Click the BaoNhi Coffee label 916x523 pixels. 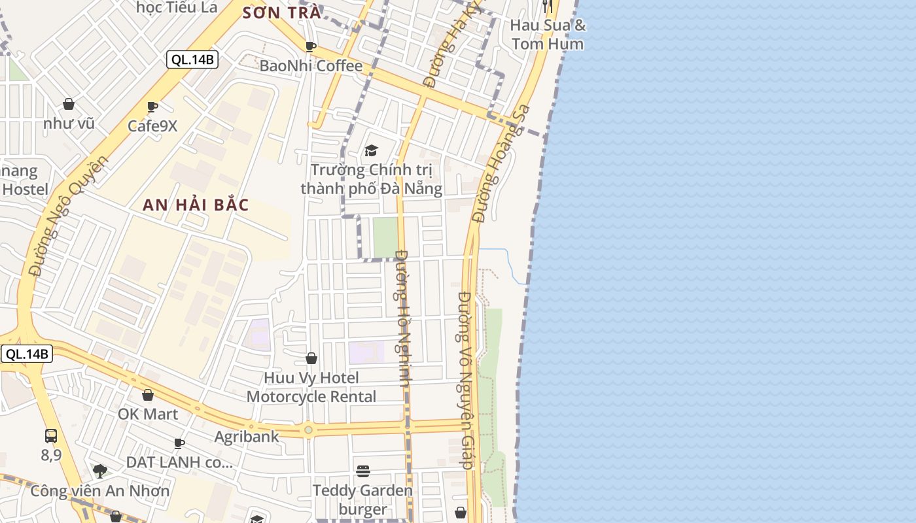click(x=311, y=66)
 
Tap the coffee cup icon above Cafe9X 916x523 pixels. click(x=152, y=107)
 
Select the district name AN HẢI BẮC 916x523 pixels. click(x=196, y=205)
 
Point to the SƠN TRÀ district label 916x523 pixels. click(x=282, y=12)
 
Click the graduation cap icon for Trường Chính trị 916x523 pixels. click(x=372, y=151)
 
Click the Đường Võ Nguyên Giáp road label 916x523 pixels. click(x=465, y=380)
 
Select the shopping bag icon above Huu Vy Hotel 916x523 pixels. click(x=311, y=358)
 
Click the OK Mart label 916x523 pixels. click(x=148, y=414)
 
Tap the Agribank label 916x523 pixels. click(x=247, y=436)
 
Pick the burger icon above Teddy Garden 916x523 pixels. click(x=363, y=471)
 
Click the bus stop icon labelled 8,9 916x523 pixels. click(x=51, y=435)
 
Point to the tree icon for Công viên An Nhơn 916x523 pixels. click(x=100, y=471)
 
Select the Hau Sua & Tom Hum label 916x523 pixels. click(x=548, y=35)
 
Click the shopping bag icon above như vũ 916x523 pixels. click(x=69, y=104)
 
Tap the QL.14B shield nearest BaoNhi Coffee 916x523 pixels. click(x=192, y=59)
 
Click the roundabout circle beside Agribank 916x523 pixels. click(x=308, y=430)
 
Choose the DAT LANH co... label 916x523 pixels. click(x=179, y=462)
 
